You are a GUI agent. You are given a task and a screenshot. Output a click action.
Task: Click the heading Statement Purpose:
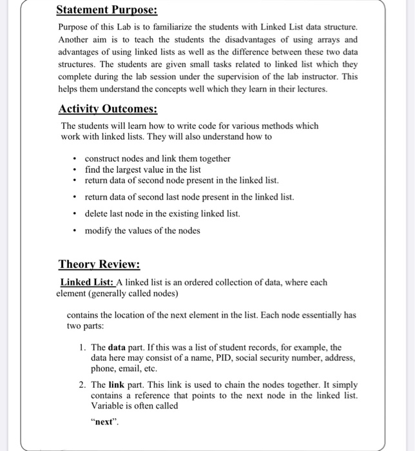point(106,10)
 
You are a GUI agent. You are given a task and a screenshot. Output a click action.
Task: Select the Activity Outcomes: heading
point(108,108)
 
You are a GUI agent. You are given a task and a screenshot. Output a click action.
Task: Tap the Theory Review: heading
point(99,264)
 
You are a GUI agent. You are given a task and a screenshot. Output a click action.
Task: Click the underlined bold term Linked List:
point(87,282)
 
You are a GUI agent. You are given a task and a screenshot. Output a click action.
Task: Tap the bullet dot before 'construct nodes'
point(75,158)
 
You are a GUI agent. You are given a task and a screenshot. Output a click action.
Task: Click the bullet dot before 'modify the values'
point(75,231)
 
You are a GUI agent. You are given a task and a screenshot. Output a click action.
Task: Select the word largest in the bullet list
point(129,169)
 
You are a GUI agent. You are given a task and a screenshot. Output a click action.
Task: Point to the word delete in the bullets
point(97,213)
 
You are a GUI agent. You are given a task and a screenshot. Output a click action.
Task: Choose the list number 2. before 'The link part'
point(83,384)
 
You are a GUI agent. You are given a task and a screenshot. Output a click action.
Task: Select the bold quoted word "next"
point(104,423)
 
